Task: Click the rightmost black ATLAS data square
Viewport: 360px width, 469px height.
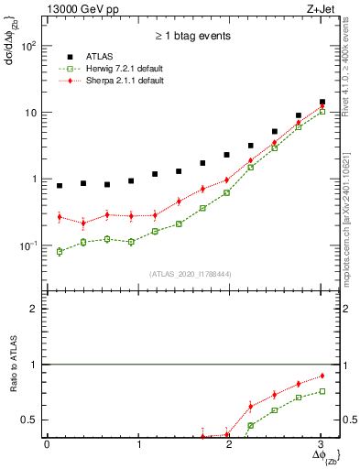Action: point(322,103)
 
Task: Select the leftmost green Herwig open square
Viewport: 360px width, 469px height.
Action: point(60,251)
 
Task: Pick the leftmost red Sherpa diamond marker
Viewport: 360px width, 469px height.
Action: point(60,217)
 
